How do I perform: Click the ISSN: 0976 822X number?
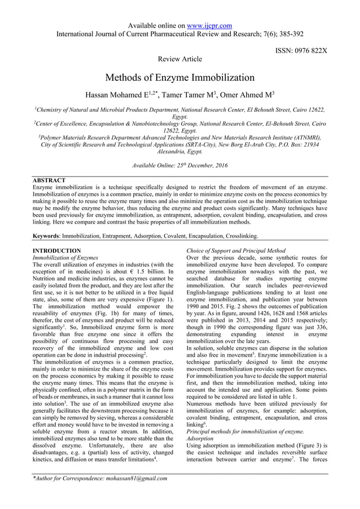(301, 50)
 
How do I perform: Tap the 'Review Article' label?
(180, 58)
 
